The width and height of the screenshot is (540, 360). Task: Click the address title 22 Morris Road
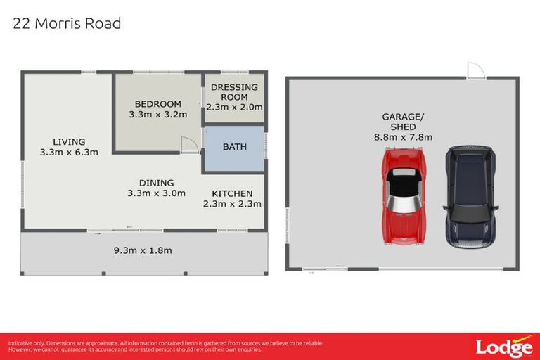(67, 24)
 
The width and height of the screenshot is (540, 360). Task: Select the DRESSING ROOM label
(235, 92)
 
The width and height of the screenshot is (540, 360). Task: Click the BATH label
(234, 147)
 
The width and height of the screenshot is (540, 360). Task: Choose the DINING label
(156, 183)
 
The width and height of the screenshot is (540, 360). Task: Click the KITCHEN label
(232, 194)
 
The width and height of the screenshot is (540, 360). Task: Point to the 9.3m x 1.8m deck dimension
(143, 250)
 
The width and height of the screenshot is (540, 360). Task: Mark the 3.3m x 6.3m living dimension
(68, 151)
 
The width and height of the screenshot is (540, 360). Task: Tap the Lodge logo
(503, 346)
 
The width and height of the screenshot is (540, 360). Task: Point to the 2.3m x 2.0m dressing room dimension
(235, 108)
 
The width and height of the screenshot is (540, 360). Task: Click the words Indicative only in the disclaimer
(24, 343)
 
